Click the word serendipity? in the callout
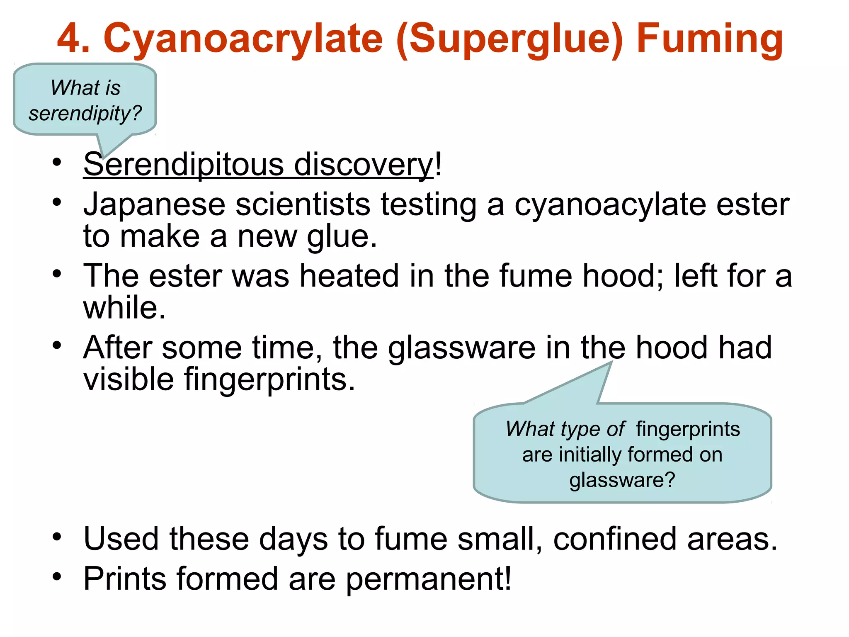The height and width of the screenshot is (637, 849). click(85, 113)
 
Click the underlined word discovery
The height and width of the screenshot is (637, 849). click(364, 165)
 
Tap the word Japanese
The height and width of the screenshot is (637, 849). click(154, 204)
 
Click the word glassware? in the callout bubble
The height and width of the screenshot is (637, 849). click(622, 480)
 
